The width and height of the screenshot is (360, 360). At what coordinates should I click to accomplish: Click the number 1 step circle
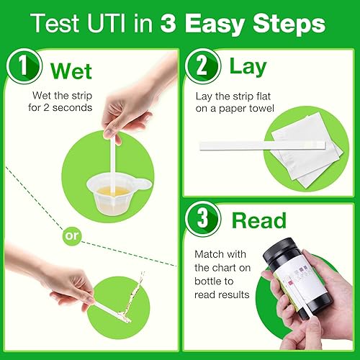[x=22, y=71]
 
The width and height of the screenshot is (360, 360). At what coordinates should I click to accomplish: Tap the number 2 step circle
[x=202, y=66]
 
